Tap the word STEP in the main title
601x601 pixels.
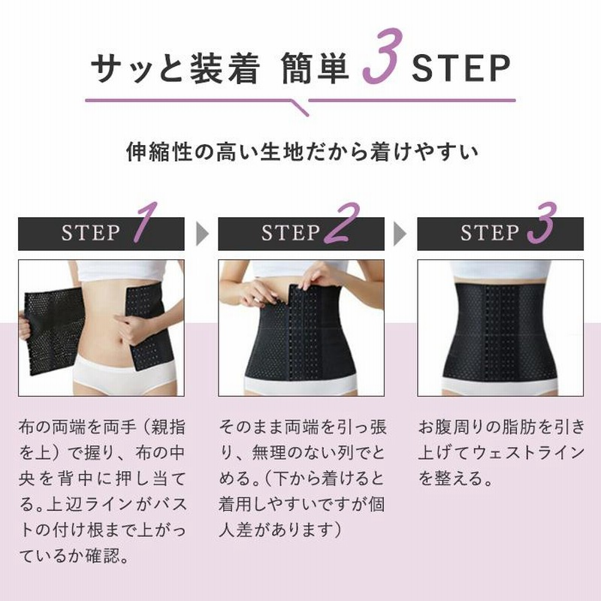[460, 70]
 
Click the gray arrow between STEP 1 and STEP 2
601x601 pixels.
[201, 234]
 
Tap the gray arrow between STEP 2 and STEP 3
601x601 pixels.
[400, 234]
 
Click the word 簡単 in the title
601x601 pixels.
[316, 70]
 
